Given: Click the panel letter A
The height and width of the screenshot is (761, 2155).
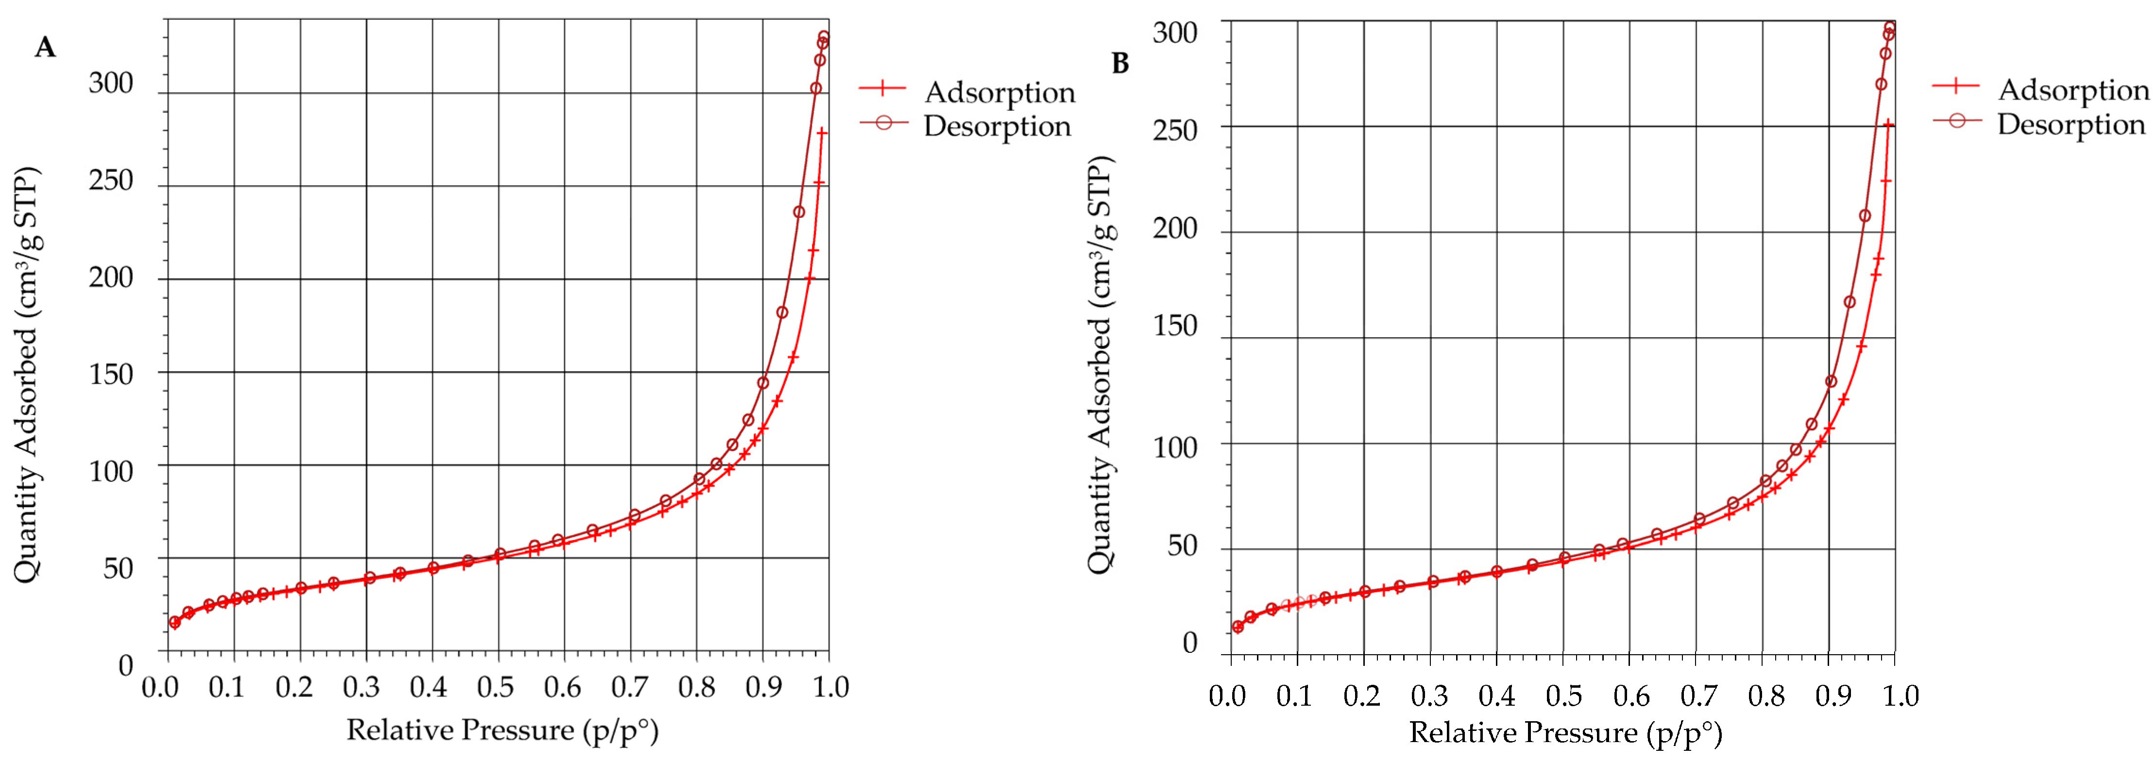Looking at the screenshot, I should [x=45, y=48].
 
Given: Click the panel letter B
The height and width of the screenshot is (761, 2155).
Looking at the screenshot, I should [x=1120, y=63].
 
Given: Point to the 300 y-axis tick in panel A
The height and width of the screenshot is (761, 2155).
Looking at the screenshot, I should [x=111, y=83].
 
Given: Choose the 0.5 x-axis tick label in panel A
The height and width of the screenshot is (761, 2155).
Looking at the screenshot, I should [x=495, y=687].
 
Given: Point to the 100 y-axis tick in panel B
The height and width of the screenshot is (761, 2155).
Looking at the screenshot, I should [x=1174, y=447].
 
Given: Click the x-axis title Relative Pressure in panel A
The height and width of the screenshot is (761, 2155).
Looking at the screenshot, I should [x=502, y=730].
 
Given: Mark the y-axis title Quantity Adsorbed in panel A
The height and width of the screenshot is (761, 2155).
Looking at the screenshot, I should [x=27, y=375].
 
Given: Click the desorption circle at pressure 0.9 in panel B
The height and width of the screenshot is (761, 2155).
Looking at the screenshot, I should [x=1831, y=381].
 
